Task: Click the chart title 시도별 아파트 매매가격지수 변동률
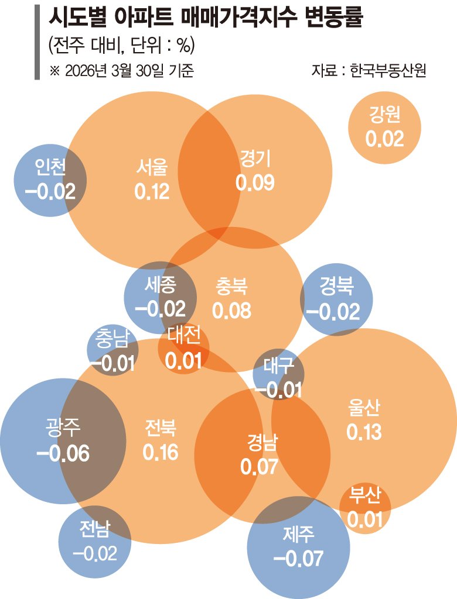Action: click(x=205, y=20)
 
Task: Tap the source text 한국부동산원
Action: click(x=387, y=71)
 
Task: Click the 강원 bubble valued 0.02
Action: click(x=384, y=128)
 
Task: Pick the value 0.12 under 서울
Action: click(x=152, y=191)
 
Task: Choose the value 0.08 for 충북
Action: click(x=231, y=311)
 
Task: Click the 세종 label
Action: click(x=160, y=286)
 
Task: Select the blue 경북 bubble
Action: click(x=336, y=299)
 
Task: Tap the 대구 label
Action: click(x=278, y=366)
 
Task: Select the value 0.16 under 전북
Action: click(x=160, y=452)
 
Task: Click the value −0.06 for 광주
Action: click(x=63, y=453)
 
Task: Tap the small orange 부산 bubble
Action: click(x=364, y=507)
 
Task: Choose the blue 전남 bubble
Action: click(x=95, y=542)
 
